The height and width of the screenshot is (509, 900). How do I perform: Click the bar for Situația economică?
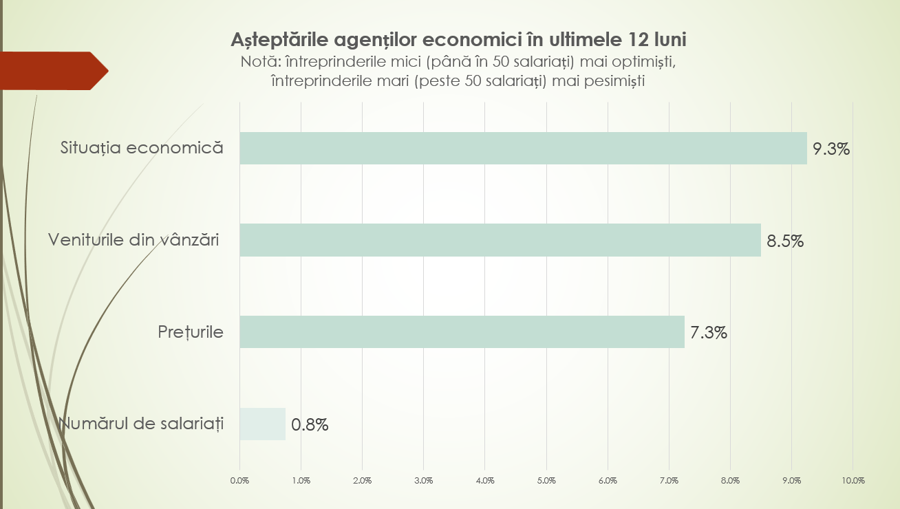click(x=523, y=148)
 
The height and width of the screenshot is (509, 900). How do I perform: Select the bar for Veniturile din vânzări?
click(x=500, y=240)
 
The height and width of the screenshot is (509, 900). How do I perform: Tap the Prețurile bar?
click(x=462, y=332)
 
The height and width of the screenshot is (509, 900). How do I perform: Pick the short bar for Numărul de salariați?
click(x=262, y=424)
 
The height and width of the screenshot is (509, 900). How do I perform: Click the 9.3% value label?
click(x=831, y=149)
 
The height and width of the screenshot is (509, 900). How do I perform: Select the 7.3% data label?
click(x=709, y=333)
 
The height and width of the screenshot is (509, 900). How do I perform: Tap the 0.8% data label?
click(x=310, y=424)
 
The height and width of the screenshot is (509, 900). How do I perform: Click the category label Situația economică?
click(x=142, y=148)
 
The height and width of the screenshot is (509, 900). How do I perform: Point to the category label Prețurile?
click(x=191, y=332)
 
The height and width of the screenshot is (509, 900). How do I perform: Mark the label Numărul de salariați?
click(x=142, y=424)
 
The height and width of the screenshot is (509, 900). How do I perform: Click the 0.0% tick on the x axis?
click(x=239, y=480)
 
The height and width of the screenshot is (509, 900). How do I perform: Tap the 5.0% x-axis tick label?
click(x=546, y=480)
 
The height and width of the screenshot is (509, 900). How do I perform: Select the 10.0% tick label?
click(x=853, y=480)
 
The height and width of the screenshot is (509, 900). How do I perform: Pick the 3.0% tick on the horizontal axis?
click(x=424, y=480)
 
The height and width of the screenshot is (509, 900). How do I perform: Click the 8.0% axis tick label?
click(x=730, y=480)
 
